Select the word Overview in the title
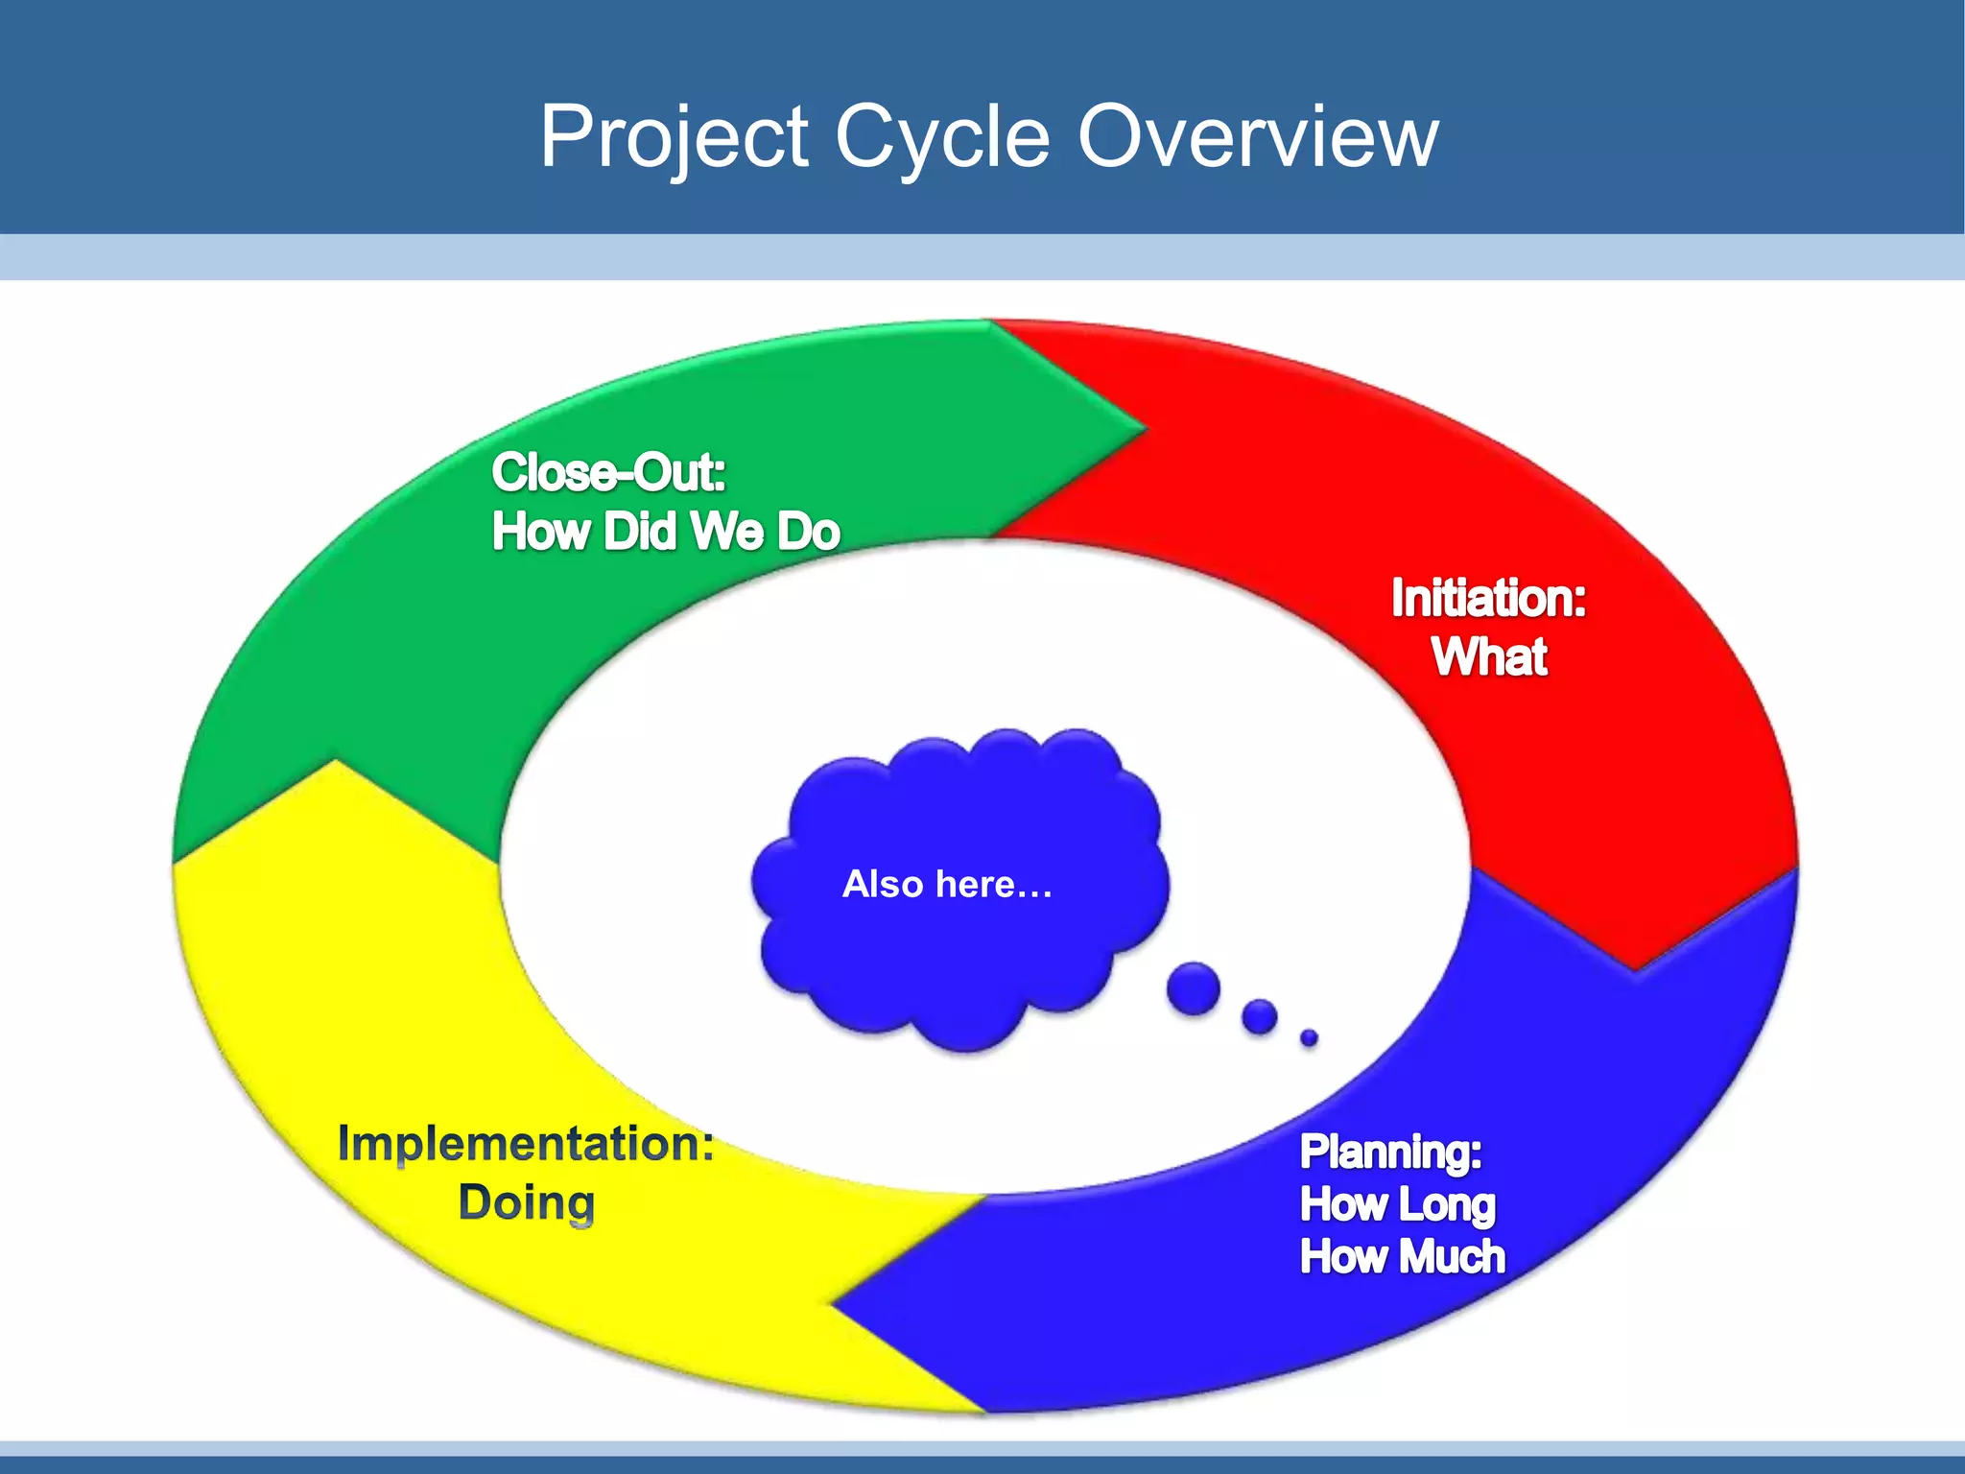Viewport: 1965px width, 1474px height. click(x=1258, y=137)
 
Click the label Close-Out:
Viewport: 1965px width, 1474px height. click(x=608, y=472)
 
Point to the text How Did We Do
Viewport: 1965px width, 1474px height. click(x=665, y=532)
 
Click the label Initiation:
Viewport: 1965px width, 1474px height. click(x=1488, y=598)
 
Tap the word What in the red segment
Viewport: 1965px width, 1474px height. click(x=1489, y=657)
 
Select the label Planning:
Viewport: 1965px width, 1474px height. click(x=1390, y=1152)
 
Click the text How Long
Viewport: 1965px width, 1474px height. click(x=1397, y=1204)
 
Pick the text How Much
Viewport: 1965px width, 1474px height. click(x=1402, y=1256)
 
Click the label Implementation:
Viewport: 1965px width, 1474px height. click(x=526, y=1144)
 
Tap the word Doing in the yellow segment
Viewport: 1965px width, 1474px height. click(x=527, y=1202)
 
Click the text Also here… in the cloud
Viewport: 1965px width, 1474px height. click(x=947, y=884)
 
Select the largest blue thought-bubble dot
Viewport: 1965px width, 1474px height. click(x=1193, y=988)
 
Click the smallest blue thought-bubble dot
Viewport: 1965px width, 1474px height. click(x=1309, y=1037)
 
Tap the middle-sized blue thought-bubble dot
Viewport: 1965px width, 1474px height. click(x=1259, y=1017)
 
